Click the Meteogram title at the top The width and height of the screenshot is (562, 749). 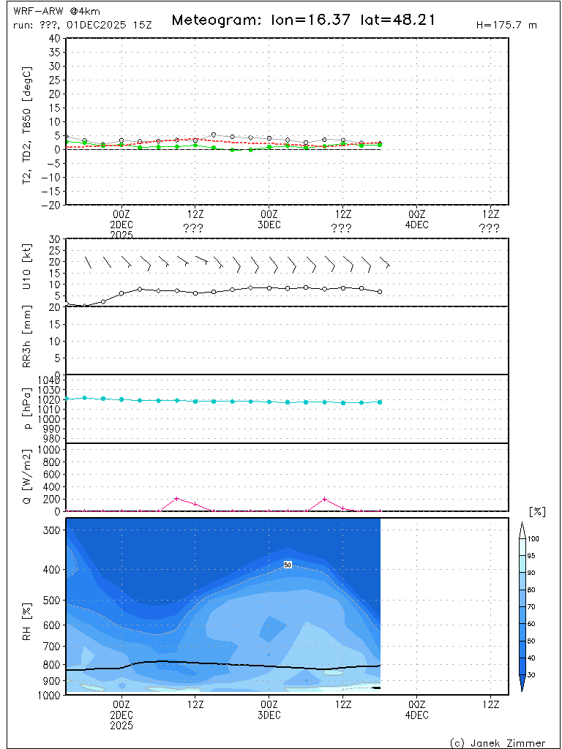(x=303, y=20)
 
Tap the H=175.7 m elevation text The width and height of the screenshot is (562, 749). (x=506, y=25)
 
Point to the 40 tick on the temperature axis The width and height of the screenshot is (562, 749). (x=54, y=38)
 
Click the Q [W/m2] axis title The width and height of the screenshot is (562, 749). (x=29, y=477)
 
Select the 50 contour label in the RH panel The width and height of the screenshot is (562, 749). (x=288, y=565)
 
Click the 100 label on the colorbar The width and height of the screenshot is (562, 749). (x=533, y=538)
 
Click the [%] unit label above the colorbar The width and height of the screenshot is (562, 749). (x=537, y=511)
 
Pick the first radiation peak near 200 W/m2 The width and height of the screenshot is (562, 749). (x=176, y=499)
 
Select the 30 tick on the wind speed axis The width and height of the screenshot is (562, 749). (x=54, y=239)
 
